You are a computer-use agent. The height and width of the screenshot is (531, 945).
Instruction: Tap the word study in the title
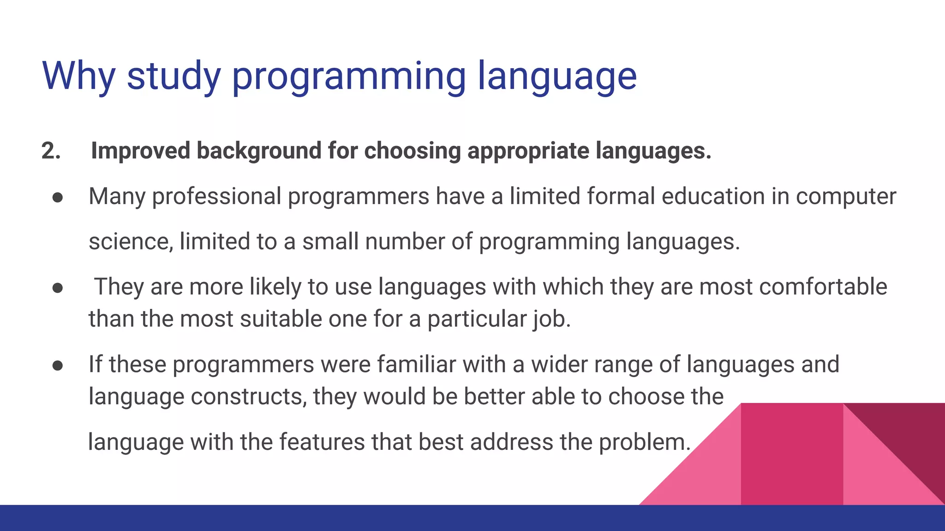(x=174, y=77)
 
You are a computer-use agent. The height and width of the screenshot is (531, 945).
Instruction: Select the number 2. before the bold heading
(x=51, y=151)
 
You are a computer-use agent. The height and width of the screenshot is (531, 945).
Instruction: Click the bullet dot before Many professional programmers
(x=58, y=197)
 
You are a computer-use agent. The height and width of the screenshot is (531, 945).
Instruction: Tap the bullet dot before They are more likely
(x=58, y=288)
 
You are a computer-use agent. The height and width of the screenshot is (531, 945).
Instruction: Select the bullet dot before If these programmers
(x=58, y=366)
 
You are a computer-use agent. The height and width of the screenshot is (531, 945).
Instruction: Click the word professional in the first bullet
(x=217, y=197)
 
